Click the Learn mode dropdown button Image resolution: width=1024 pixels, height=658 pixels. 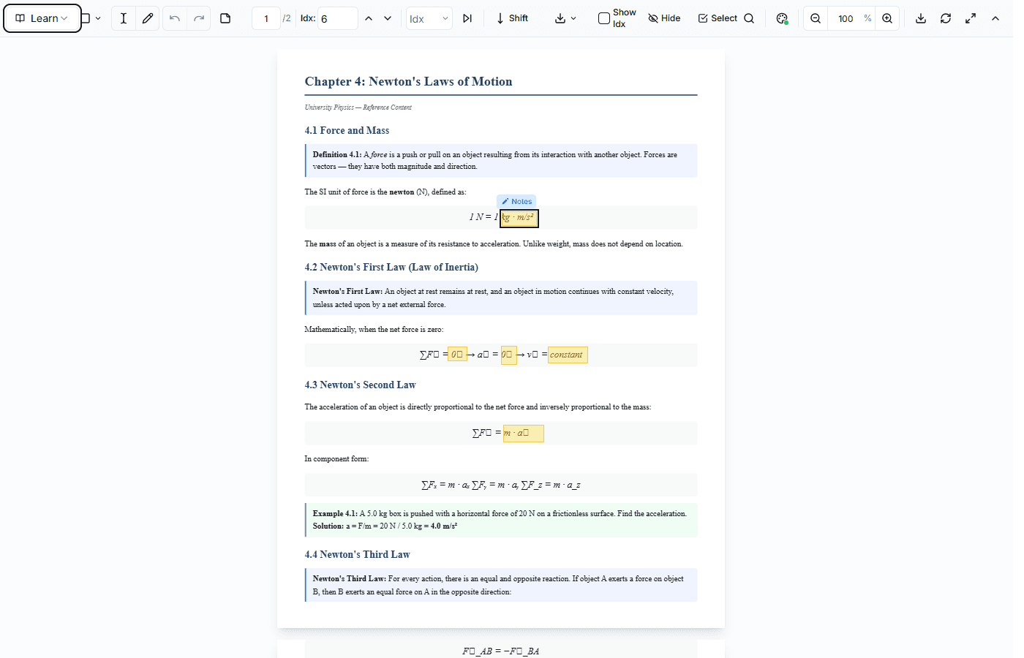42,18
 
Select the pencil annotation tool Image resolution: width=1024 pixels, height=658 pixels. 148,18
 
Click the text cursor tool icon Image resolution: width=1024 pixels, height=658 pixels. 124,18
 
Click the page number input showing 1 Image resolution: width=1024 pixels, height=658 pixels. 266,18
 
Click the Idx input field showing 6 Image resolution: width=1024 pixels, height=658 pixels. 337,18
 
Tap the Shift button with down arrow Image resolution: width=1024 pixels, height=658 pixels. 512,18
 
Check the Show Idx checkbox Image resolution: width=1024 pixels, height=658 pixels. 604,18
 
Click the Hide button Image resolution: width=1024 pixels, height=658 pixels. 664,18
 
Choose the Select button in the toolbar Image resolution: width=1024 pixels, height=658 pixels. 718,18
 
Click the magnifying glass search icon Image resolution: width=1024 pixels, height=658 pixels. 749,18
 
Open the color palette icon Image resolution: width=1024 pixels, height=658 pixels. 782,18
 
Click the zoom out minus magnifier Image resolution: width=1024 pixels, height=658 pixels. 816,18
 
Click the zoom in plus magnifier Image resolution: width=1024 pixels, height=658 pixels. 887,18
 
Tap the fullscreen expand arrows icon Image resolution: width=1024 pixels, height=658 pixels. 971,18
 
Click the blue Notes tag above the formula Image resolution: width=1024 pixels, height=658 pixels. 517,201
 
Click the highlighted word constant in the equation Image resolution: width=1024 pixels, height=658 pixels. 567,355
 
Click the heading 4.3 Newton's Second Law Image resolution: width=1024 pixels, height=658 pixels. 360,385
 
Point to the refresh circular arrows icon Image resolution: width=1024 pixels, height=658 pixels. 946,18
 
